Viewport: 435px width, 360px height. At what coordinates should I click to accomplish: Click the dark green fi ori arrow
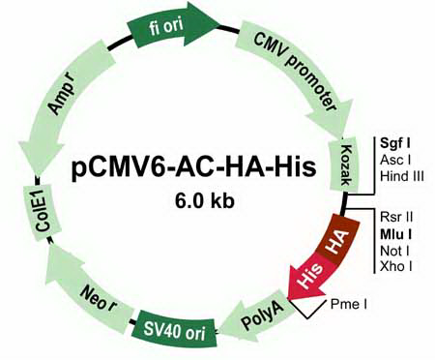tap(171, 27)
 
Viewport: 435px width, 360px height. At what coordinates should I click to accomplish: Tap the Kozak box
tap(344, 165)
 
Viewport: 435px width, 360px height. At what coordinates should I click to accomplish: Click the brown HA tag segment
tap(336, 240)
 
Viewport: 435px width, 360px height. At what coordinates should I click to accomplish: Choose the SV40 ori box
tap(175, 329)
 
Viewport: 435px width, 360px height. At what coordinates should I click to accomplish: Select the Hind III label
tap(402, 176)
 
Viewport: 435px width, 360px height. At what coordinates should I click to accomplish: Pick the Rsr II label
tap(396, 217)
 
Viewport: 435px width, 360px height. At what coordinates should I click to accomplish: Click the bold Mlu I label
tap(395, 234)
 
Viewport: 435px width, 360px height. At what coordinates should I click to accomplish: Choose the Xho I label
tap(396, 267)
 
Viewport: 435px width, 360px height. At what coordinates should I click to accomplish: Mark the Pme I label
tap(349, 304)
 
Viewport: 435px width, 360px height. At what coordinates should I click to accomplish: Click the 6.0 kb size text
tap(205, 201)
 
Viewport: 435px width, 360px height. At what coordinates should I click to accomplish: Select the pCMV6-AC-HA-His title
tap(193, 168)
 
